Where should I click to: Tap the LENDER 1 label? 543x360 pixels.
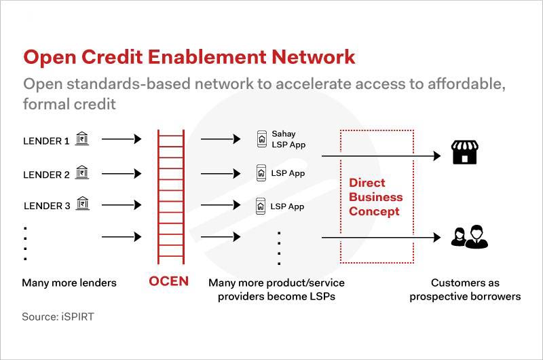(46, 141)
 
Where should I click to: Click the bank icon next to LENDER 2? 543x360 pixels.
(82, 173)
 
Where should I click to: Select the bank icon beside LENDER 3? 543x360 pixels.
(82, 204)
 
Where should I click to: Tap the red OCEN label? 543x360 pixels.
(169, 281)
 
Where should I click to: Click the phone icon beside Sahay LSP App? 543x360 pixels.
(261, 139)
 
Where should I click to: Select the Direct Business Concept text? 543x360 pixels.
(375, 197)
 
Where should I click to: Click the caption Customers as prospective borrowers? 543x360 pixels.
(465, 289)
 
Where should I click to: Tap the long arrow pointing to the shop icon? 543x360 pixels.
(380, 156)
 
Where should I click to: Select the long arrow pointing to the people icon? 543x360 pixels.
(380, 237)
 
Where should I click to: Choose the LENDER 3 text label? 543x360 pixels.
(46, 206)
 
